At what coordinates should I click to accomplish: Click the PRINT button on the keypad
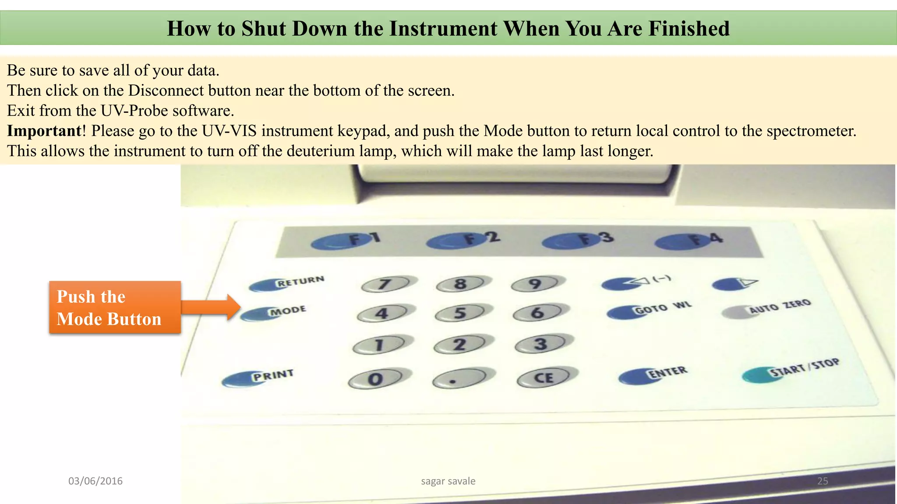[240, 379]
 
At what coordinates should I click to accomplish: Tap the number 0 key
[375, 379]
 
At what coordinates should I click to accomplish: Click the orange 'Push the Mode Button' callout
[115, 308]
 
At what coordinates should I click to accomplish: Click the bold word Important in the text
[44, 131]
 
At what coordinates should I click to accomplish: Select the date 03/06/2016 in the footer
[95, 481]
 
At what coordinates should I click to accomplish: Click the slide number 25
[823, 481]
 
